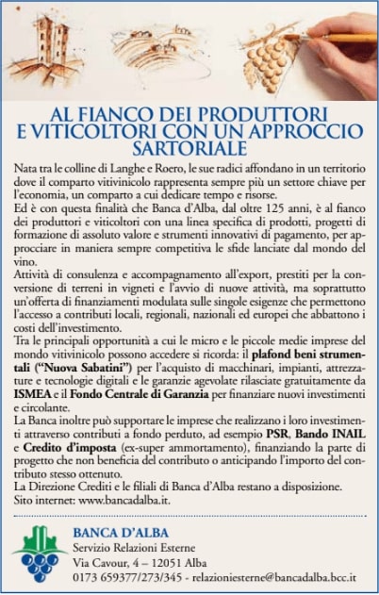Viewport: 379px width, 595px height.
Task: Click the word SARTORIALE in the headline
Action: (x=189, y=149)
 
